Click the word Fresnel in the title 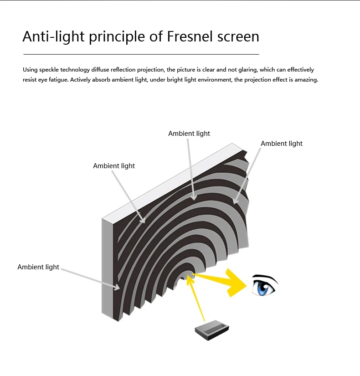192,36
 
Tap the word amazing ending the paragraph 306,80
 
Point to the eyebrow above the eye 264,277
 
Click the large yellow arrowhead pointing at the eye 233,282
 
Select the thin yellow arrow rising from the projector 199,300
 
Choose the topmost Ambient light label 189,134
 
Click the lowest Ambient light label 38,267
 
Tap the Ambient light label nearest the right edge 282,144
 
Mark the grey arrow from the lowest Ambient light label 89,278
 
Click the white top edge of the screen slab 173,180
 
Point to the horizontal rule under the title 141,54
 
